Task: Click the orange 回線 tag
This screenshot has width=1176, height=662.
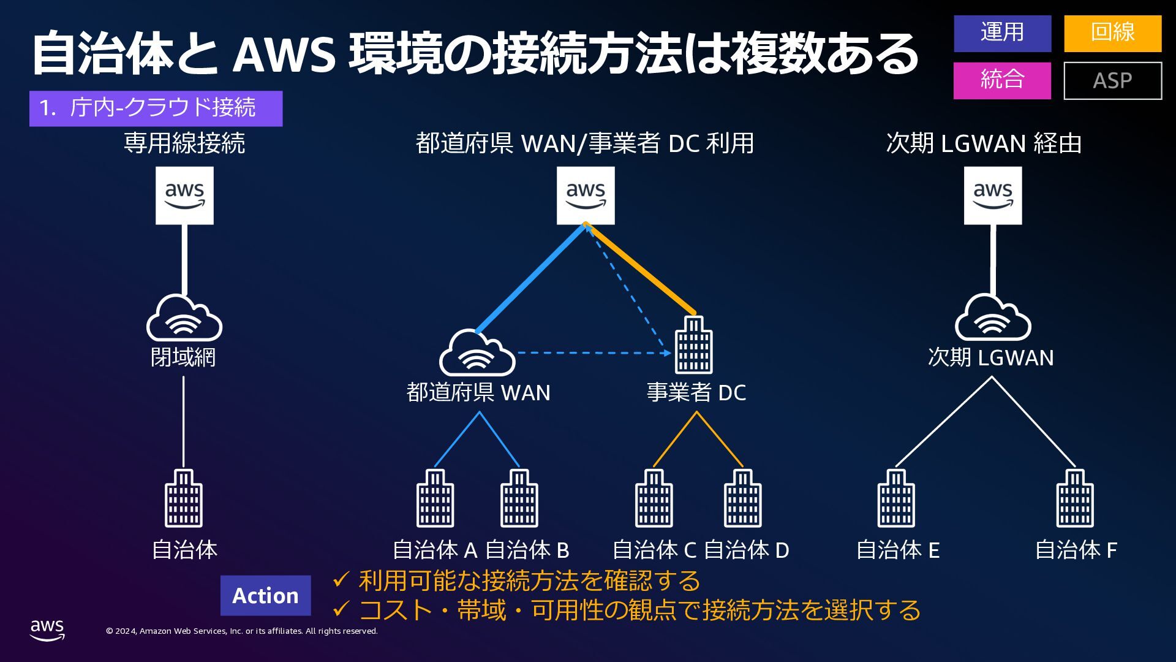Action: click(x=1112, y=33)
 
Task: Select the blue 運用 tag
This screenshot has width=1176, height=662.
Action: click(x=1002, y=33)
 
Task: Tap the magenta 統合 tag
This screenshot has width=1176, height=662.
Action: click(x=1002, y=80)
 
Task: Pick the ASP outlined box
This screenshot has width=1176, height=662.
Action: click(x=1112, y=80)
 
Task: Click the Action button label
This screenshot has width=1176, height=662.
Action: click(x=265, y=595)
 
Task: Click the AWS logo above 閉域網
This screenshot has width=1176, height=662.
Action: click(x=184, y=196)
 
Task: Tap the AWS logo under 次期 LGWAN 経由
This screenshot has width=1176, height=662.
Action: click(x=993, y=196)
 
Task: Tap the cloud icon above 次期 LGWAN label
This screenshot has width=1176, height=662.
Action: click(x=993, y=318)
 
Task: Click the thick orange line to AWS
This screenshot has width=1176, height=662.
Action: click(x=641, y=269)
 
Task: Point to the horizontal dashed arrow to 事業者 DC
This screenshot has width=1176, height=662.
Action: click(x=591, y=353)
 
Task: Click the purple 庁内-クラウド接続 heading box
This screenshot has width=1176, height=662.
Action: click(x=156, y=108)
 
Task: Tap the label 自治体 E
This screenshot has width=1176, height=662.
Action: click(x=897, y=550)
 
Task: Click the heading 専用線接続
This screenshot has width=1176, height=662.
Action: click(x=184, y=143)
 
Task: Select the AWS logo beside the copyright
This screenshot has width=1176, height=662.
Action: click(x=47, y=630)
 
